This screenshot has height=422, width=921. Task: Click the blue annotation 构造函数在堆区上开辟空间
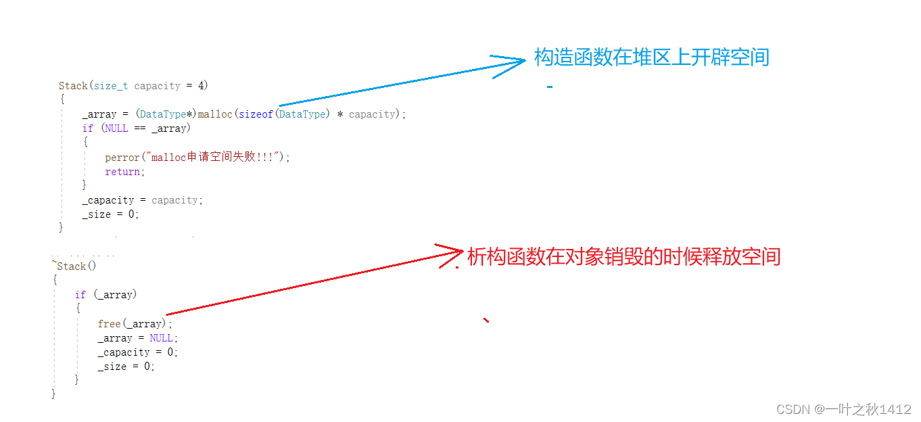pos(651,57)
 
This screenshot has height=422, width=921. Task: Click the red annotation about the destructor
pos(623,257)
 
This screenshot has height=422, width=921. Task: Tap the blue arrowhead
pos(514,63)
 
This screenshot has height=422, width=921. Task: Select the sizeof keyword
pos(256,114)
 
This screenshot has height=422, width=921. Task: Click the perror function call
pos(122,157)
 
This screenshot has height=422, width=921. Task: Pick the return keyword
pos(123,172)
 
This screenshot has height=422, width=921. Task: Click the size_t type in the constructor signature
pos(111,86)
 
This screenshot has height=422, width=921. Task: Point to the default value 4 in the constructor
pos(202,86)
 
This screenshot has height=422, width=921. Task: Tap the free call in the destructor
pos(108,324)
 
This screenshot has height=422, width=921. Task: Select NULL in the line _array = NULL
pos(162,338)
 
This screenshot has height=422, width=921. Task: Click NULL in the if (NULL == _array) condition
pos(116,128)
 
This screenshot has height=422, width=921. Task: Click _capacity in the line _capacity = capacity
pos(108,200)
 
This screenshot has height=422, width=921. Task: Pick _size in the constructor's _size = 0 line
pos(96,214)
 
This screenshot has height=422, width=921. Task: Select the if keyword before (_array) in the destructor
pos(80,295)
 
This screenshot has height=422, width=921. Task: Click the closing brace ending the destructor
pos(54,394)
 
